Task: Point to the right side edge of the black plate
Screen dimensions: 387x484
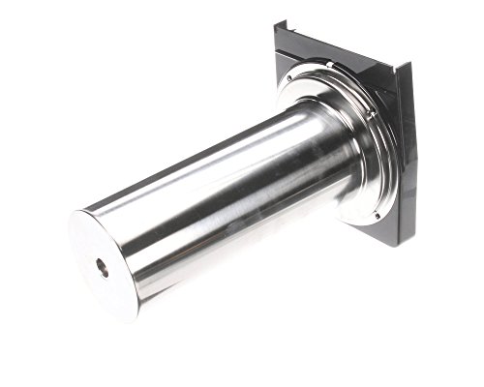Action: (407, 155)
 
